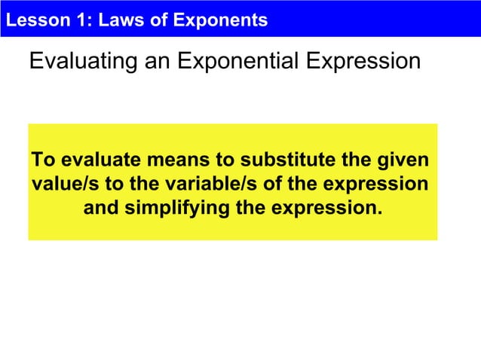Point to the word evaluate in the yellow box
[x=102, y=161]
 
